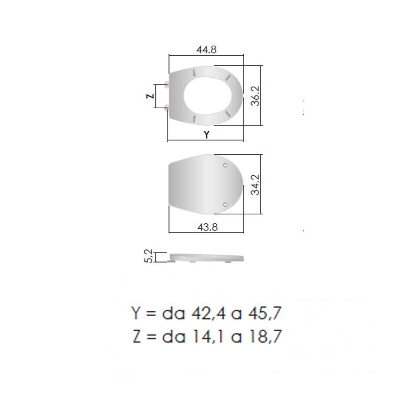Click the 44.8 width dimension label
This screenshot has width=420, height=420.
point(206,49)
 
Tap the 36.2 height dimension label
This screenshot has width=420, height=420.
point(256,96)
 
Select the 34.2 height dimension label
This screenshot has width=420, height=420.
point(256,185)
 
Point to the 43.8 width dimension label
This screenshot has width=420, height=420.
point(207,227)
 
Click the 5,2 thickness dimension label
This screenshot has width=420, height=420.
point(149,256)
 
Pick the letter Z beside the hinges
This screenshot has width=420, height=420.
point(151,96)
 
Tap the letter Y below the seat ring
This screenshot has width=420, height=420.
point(206,134)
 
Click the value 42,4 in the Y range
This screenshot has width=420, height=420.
point(207,313)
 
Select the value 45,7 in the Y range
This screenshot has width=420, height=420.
point(265,313)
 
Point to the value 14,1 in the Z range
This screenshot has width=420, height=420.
point(208,337)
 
